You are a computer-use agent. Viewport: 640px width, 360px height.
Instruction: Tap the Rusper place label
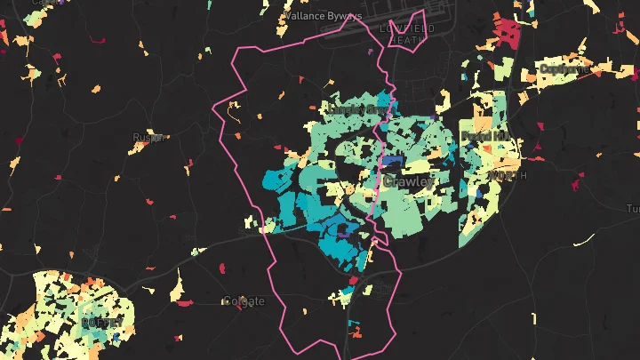point(143,137)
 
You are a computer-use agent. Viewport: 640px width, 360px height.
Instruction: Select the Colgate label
point(244,301)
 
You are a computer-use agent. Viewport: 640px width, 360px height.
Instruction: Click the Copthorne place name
point(564,68)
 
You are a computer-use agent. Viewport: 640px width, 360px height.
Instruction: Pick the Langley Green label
point(354,109)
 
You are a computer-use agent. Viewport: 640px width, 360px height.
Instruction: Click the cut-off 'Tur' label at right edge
point(632,208)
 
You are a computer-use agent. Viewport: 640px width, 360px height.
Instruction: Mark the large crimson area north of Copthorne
point(508,34)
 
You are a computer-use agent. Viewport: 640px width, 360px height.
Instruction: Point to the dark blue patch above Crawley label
point(392,162)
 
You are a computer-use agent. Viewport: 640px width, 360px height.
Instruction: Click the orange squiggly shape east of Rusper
point(234,112)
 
